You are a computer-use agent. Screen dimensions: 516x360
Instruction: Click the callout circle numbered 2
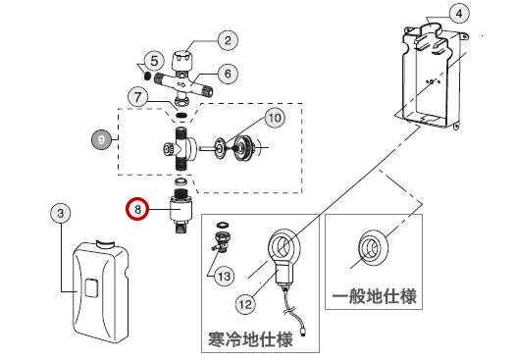click(228, 40)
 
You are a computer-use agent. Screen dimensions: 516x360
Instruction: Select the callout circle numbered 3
click(61, 213)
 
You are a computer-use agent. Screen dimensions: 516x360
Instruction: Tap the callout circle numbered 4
click(459, 14)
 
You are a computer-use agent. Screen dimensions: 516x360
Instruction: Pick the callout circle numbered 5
click(154, 61)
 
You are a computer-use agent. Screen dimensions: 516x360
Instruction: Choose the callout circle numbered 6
click(228, 74)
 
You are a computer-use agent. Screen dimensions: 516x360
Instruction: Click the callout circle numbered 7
click(138, 97)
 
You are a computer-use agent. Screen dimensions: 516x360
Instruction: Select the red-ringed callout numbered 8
click(137, 209)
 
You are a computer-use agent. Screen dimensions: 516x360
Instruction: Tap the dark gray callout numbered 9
click(101, 140)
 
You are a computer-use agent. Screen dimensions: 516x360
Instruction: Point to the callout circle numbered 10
click(275, 118)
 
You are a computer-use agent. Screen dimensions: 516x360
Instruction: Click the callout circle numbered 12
click(245, 304)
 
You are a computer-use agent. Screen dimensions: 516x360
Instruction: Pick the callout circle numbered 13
click(225, 276)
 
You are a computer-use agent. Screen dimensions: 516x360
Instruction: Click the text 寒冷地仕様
click(250, 339)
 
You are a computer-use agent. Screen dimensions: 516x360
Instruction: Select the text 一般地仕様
click(374, 296)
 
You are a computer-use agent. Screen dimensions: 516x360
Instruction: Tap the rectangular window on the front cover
click(91, 287)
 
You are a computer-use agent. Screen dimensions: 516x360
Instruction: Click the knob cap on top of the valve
click(182, 60)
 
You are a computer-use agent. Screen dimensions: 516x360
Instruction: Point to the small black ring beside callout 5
click(147, 76)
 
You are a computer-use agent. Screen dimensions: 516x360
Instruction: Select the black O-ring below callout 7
click(181, 115)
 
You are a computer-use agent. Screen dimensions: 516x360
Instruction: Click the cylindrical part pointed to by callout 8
click(181, 211)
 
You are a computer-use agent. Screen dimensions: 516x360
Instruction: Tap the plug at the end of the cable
click(303, 332)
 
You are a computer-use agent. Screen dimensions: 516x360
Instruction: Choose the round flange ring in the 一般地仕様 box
click(373, 247)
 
